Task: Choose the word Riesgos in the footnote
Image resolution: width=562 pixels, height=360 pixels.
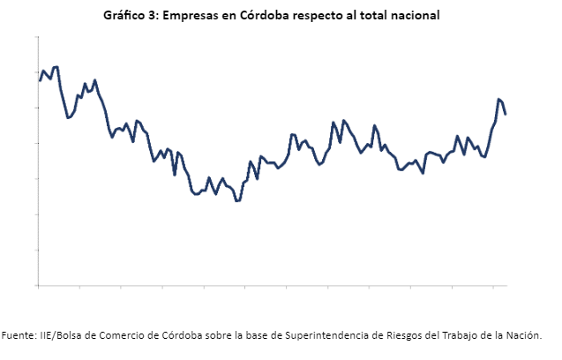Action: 393,335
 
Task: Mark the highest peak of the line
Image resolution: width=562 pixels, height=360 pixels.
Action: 56,67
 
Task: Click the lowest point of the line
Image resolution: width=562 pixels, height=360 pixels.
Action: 236,201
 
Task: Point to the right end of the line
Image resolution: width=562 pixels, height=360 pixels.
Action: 506,114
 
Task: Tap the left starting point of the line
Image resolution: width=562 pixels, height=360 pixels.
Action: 40,80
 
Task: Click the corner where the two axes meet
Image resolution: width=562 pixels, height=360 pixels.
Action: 38,286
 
